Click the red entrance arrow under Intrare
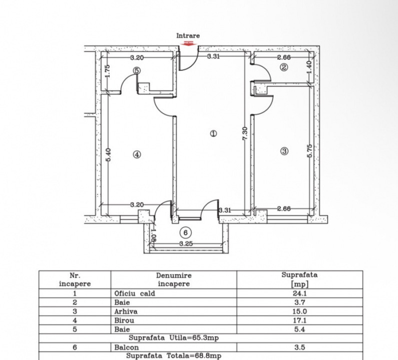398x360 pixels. tap(188, 43)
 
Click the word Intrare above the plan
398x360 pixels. tap(188, 35)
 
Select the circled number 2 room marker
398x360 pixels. tap(284, 67)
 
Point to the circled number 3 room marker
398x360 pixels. tap(284, 150)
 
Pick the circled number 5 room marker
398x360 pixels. tap(137, 71)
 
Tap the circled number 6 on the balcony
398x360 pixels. tap(185, 232)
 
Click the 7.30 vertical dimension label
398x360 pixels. tap(244, 133)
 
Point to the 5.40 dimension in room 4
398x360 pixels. tap(108, 153)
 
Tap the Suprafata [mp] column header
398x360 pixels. tap(299, 279)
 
